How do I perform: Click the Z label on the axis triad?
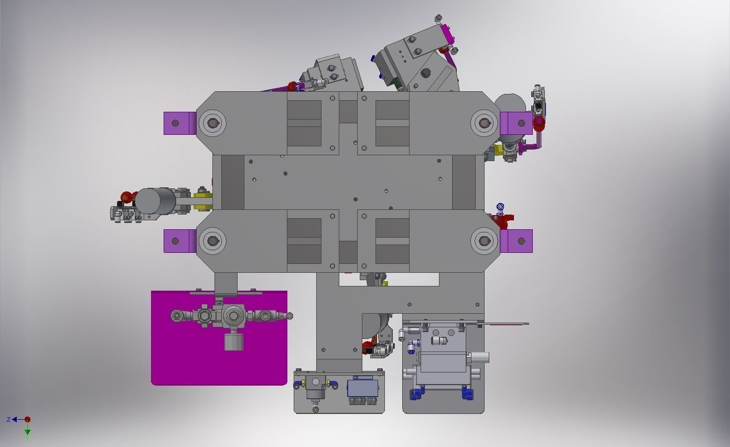9,420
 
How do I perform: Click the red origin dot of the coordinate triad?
27,419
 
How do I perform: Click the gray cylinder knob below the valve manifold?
233,342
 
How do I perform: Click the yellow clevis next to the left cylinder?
203,200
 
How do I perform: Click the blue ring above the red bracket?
500,207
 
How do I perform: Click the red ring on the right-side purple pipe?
539,124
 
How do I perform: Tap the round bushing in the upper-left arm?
212,123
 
